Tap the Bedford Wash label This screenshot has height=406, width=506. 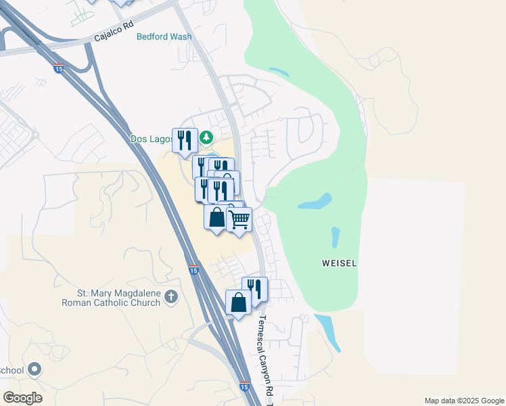(164, 37)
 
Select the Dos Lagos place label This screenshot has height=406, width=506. (151, 139)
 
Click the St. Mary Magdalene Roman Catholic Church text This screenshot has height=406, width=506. (118, 298)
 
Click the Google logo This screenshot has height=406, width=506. (22, 397)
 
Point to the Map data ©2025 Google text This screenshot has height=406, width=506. (463, 401)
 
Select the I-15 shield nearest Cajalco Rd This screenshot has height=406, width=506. (59, 68)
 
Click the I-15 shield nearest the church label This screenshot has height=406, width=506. (193, 271)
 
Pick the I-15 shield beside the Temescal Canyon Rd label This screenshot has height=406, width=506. (244, 386)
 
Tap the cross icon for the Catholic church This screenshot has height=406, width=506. (172, 296)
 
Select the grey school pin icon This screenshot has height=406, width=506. (35, 369)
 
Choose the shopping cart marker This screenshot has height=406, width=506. (239, 220)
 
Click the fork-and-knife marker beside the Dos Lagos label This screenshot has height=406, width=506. (185, 141)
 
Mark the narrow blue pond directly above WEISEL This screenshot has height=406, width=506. (335, 238)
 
